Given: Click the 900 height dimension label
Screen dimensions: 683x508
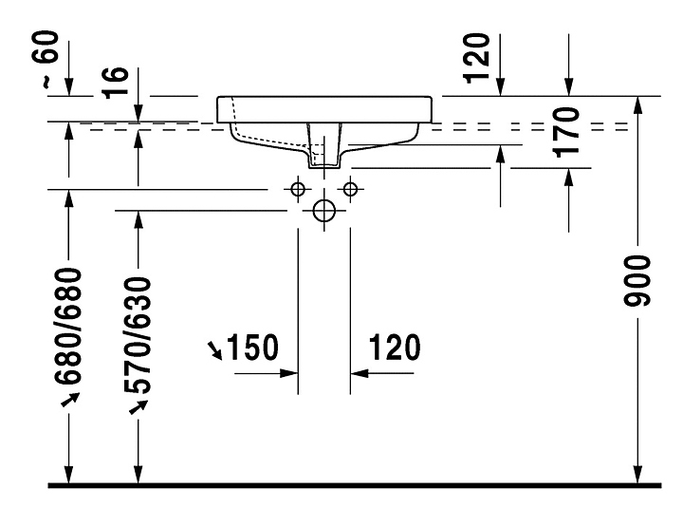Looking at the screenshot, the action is [637, 281].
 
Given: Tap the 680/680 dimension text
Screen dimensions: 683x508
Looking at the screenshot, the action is [68, 327].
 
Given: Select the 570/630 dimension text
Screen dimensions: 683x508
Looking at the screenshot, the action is [138, 335].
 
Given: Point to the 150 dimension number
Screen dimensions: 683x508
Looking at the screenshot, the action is [252, 348].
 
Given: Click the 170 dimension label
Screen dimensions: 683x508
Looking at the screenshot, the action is [566, 132].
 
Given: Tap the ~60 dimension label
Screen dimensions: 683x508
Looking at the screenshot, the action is [50, 59].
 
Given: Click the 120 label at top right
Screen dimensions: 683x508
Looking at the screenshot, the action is [476, 58].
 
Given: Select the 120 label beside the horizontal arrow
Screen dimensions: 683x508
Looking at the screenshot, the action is [395, 348].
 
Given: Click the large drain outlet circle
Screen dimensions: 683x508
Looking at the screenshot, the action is [324, 211].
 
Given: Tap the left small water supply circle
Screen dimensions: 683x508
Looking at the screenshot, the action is [298, 189].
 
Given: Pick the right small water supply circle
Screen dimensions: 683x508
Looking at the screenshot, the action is [350, 189].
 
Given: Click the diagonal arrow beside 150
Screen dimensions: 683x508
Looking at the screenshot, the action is [215, 350].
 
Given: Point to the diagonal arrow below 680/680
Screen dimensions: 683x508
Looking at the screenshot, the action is [70, 400].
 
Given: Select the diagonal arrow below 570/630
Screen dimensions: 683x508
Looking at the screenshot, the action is [138, 407].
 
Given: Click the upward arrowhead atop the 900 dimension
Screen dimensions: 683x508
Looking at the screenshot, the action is [637, 104].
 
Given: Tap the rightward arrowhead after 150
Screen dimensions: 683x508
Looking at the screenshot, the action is [288, 373].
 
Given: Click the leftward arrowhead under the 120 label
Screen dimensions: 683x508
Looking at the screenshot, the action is [360, 373].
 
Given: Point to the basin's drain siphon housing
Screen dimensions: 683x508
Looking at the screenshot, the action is [324, 145].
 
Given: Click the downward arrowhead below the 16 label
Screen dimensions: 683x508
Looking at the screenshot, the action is [138, 113].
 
